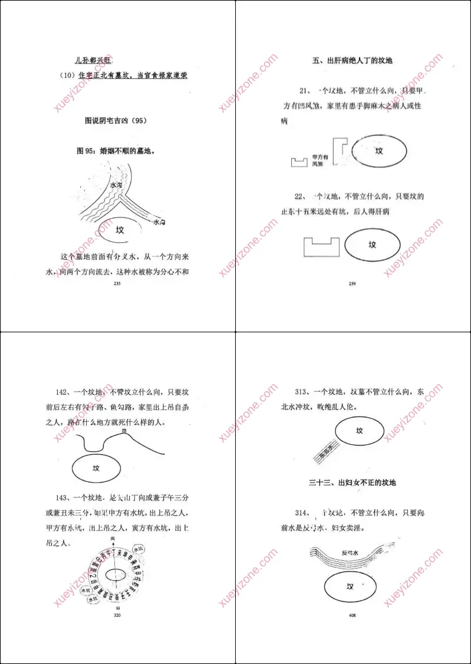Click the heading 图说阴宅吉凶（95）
[x=115, y=121]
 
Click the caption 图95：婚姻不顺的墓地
[x=116, y=151]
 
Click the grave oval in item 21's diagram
[x=379, y=151]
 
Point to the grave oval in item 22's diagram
[x=372, y=245]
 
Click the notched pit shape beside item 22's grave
[x=321, y=246]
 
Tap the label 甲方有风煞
[x=320, y=160]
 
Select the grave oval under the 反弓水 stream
[x=350, y=587]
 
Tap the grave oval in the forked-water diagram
[x=120, y=230]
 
